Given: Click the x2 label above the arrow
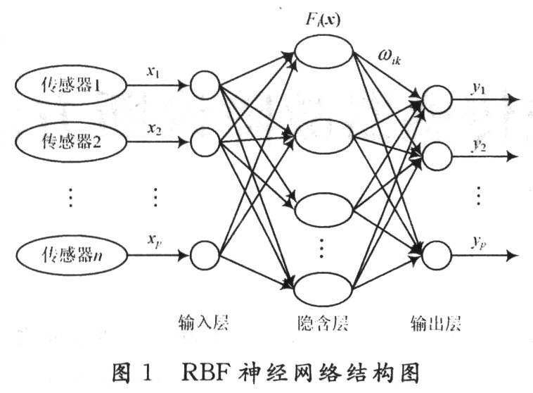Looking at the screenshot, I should click(x=155, y=129).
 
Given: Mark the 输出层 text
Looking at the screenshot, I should click(x=435, y=322).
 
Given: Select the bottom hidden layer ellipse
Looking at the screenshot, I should click(x=323, y=289).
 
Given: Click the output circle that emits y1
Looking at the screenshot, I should click(x=437, y=99).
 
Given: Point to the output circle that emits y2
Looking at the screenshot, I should click(x=437, y=155).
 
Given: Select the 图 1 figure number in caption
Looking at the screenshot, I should click(x=134, y=370).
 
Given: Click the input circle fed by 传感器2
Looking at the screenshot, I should click(x=205, y=142).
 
